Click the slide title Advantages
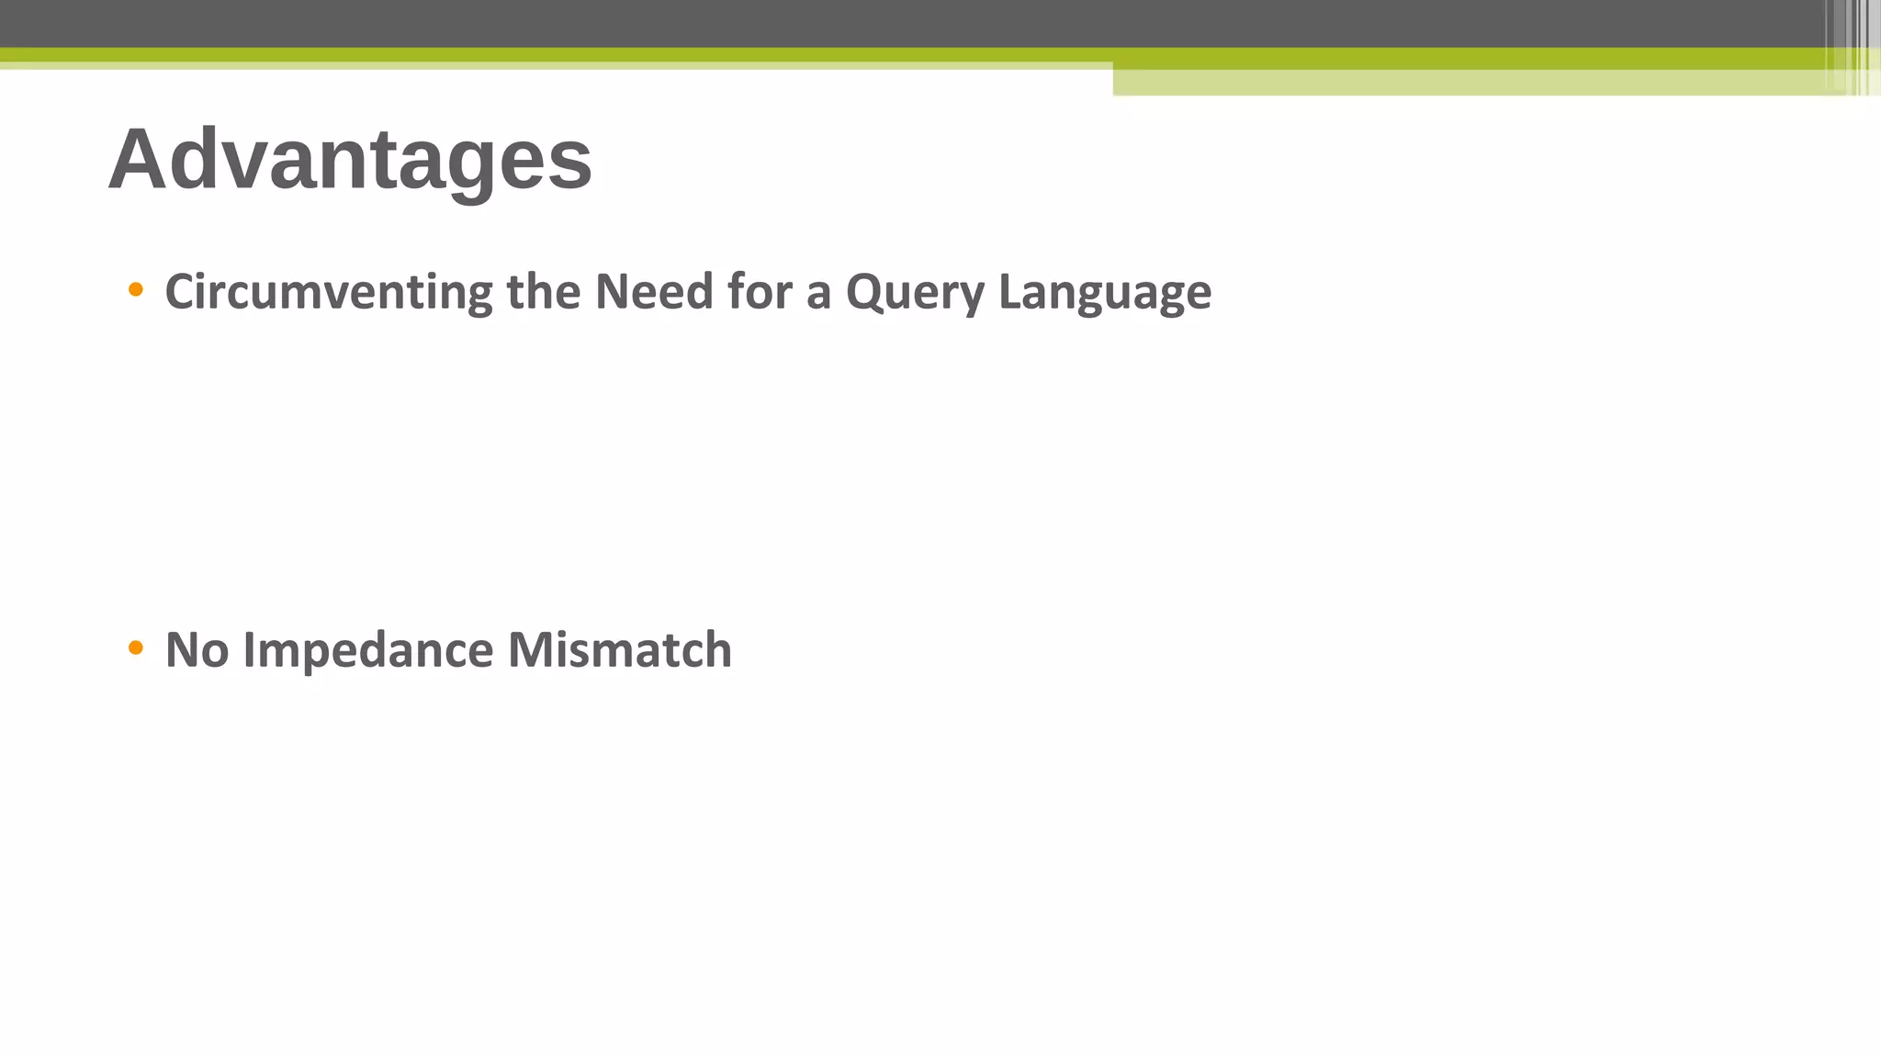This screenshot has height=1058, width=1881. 350,159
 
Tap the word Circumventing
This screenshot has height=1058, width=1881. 328,292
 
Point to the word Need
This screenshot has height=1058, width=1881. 653,292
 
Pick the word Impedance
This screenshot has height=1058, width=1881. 367,651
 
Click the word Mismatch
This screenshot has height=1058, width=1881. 619,650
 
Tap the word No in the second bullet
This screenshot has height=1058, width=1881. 197,650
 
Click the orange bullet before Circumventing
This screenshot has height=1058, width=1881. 136,290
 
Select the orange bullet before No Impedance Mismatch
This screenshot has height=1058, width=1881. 136,648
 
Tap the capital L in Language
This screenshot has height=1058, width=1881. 1008,292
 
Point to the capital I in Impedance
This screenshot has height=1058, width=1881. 248,650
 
